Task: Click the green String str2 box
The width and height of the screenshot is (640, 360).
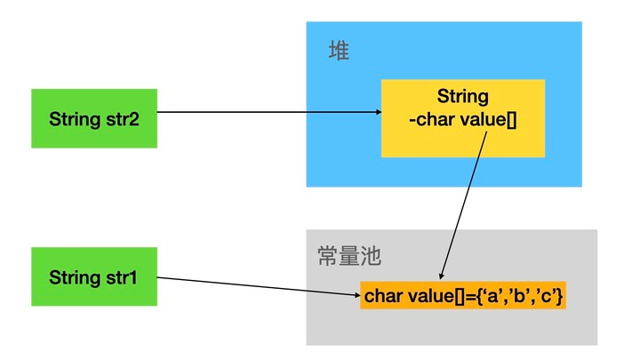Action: click(x=93, y=118)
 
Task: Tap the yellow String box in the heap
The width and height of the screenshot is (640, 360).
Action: click(x=462, y=118)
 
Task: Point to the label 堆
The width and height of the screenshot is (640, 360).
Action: click(x=339, y=51)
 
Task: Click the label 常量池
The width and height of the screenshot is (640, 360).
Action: click(x=348, y=257)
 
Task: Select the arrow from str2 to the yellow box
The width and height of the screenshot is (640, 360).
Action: click(x=267, y=113)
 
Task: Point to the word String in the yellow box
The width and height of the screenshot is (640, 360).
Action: click(x=462, y=96)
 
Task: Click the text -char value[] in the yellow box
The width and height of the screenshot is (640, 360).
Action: click(x=462, y=118)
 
